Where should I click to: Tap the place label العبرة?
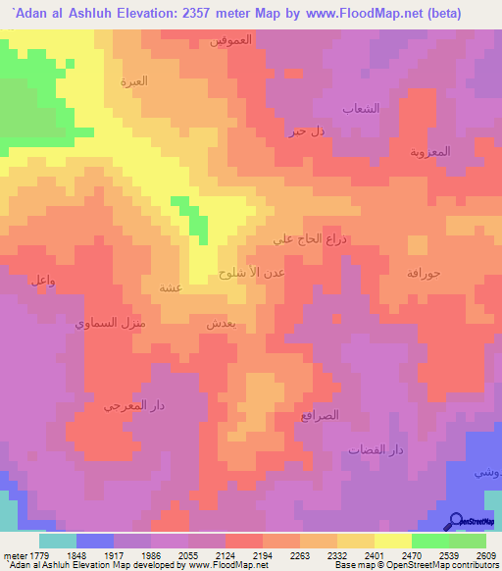tap(133, 81)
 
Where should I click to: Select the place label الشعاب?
tap(360, 109)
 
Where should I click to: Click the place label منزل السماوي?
tap(111, 322)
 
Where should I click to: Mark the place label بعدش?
tap(220, 322)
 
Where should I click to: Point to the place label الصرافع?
tap(321, 415)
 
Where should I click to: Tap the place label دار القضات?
tap(376, 449)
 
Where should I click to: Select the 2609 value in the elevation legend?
tap(485, 554)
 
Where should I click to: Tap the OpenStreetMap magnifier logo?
tap(454, 521)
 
